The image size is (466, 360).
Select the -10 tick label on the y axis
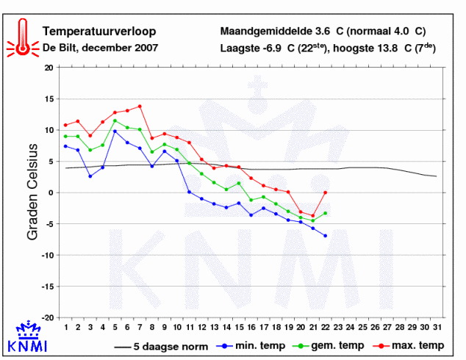pyautogui.click(x=47, y=255)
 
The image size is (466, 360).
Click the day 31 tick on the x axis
pyautogui.click(x=437, y=327)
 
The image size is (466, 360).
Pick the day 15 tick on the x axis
pyautogui.click(x=239, y=327)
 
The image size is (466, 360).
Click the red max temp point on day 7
pyautogui.click(x=140, y=106)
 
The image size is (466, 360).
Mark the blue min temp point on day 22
pyautogui.click(x=325, y=235)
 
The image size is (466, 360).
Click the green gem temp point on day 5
pyautogui.click(x=115, y=120)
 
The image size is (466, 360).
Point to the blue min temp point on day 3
pyautogui.click(x=90, y=176)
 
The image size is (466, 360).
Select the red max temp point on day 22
pyautogui.click(x=325, y=192)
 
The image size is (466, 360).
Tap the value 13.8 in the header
pyautogui.click(x=390, y=49)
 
